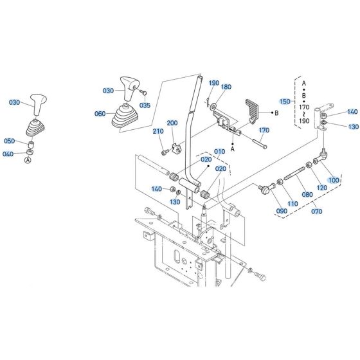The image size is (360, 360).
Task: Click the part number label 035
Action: point(145,105)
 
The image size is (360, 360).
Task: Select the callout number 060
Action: point(100,114)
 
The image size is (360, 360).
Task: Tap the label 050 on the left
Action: point(10,141)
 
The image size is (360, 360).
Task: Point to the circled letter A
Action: point(28,160)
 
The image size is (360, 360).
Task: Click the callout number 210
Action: point(158,131)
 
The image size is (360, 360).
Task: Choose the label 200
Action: point(172,123)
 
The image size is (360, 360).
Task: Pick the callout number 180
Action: point(226,87)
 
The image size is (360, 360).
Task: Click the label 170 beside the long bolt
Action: point(264,130)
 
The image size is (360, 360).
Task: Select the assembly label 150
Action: point(285,102)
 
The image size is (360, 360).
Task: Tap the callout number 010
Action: point(219,152)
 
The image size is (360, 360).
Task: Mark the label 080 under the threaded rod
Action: point(307,194)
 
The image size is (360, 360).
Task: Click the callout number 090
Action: point(282,211)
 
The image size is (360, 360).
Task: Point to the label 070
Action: point(316,212)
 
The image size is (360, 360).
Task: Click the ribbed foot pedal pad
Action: point(252,108)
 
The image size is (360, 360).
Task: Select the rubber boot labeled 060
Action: point(125,116)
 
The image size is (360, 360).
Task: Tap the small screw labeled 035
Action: point(143,93)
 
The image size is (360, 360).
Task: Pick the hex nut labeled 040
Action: point(30,152)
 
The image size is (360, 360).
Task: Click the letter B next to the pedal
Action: point(276,113)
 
